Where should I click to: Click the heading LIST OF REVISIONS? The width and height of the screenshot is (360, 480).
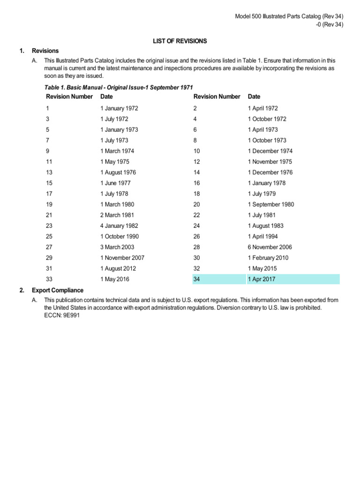(180, 41)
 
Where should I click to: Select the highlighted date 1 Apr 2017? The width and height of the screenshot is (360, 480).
(262, 279)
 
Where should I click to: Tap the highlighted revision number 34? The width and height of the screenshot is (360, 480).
(196, 279)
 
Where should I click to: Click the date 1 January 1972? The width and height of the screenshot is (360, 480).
(119, 108)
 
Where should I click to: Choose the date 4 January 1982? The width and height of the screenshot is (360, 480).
(119, 226)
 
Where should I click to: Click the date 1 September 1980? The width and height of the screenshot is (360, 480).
(271, 204)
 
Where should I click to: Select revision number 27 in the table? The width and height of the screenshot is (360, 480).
(49, 247)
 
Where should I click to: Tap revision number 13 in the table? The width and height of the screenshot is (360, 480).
(49, 172)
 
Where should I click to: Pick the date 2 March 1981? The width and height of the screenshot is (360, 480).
(117, 215)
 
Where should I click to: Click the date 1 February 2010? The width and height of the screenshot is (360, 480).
(268, 258)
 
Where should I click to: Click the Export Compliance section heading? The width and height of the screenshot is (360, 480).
(58, 290)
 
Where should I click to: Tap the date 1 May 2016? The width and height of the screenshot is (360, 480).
(114, 279)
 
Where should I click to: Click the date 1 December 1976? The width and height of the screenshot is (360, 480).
(270, 172)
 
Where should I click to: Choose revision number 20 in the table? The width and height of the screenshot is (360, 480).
(196, 204)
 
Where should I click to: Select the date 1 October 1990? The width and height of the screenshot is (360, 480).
(119, 237)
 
